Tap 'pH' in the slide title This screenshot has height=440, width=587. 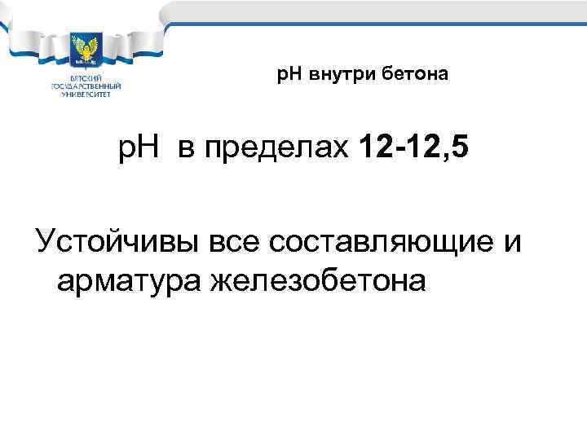point(289,76)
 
